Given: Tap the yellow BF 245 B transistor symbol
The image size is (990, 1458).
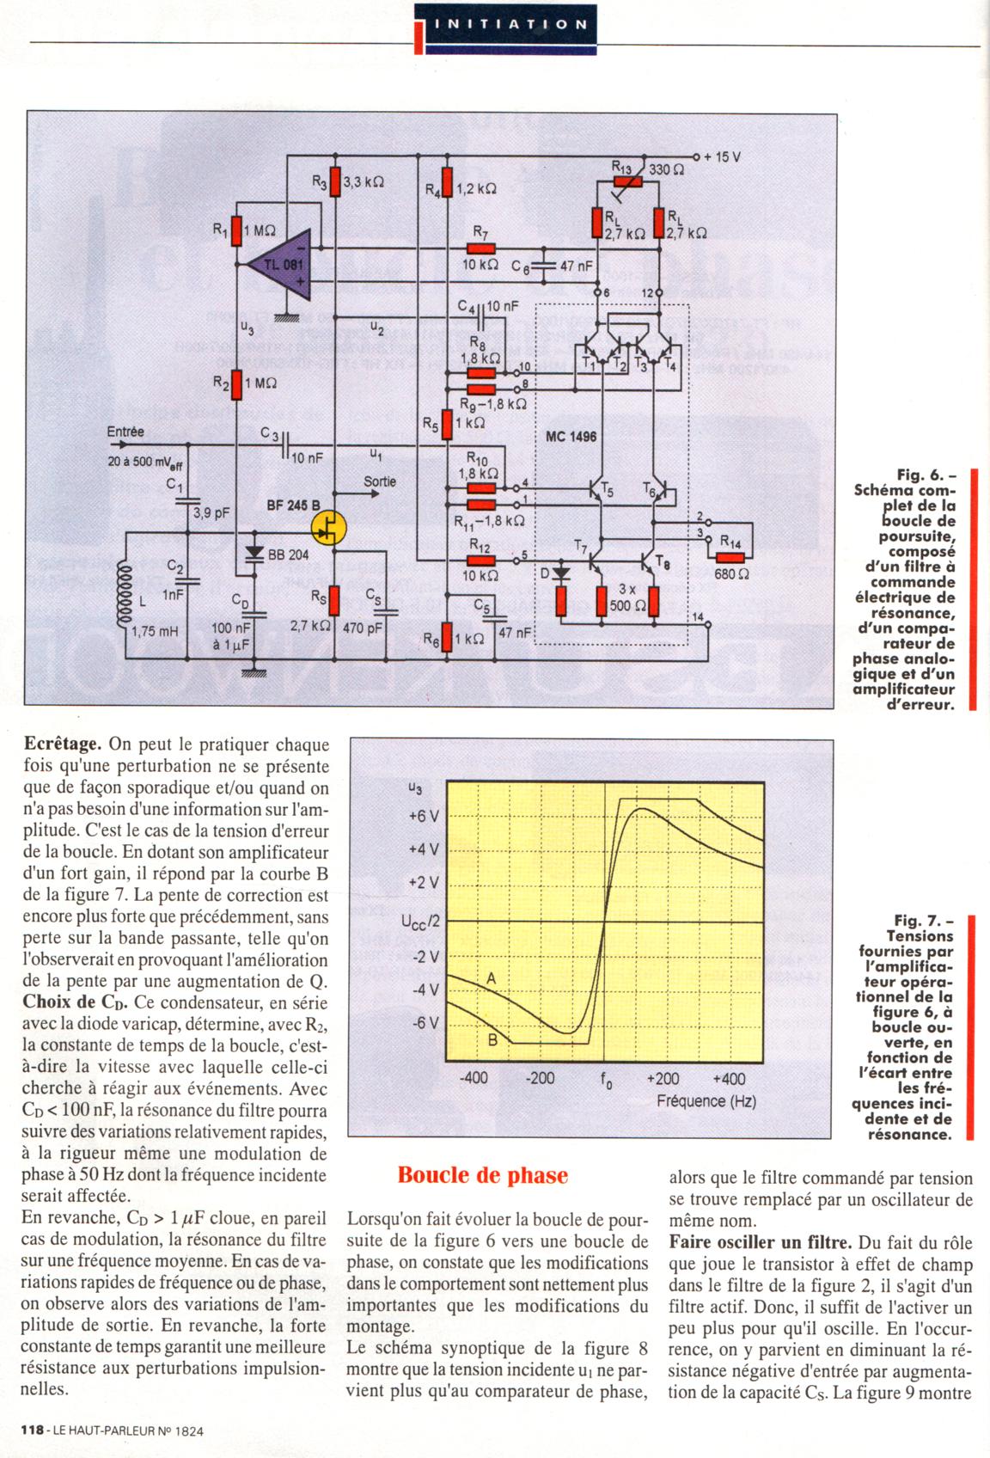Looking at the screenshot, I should pyautogui.click(x=327, y=528).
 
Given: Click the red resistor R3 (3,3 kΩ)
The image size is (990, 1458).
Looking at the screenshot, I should pyautogui.click(x=334, y=182).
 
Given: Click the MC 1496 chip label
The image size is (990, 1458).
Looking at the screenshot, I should pyautogui.click(x=571, y=437).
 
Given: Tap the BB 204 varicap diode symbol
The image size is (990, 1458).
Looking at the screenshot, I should pyautogui.click(x=254, y=554).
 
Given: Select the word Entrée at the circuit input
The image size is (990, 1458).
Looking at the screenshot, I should pyautogui.click(x=125, y=432).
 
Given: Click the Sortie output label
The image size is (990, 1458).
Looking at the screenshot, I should pyautogui.click(x=380, y=481).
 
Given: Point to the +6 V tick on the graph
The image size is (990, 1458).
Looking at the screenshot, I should pyautogui.click(x=424, y=816).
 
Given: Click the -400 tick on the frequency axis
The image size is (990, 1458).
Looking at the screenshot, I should pyautogui.click(x=474, y=1078).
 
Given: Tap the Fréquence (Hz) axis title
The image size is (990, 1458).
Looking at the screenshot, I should pyautogui.click(x=706, y=1101).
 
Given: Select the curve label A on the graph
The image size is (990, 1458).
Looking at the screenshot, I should pyautogui.click(x=492, y=978).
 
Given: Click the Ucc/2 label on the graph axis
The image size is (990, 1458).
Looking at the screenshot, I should pyautogui.click(x=421, y=922).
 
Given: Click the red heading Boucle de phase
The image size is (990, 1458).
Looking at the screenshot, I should pyautogui.click(x=482, y=1175).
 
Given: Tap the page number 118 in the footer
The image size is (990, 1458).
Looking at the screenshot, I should pyautogui.click(x=33, y=1430).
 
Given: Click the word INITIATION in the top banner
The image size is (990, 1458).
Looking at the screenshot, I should pyautogui.click(x=510, y=25).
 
